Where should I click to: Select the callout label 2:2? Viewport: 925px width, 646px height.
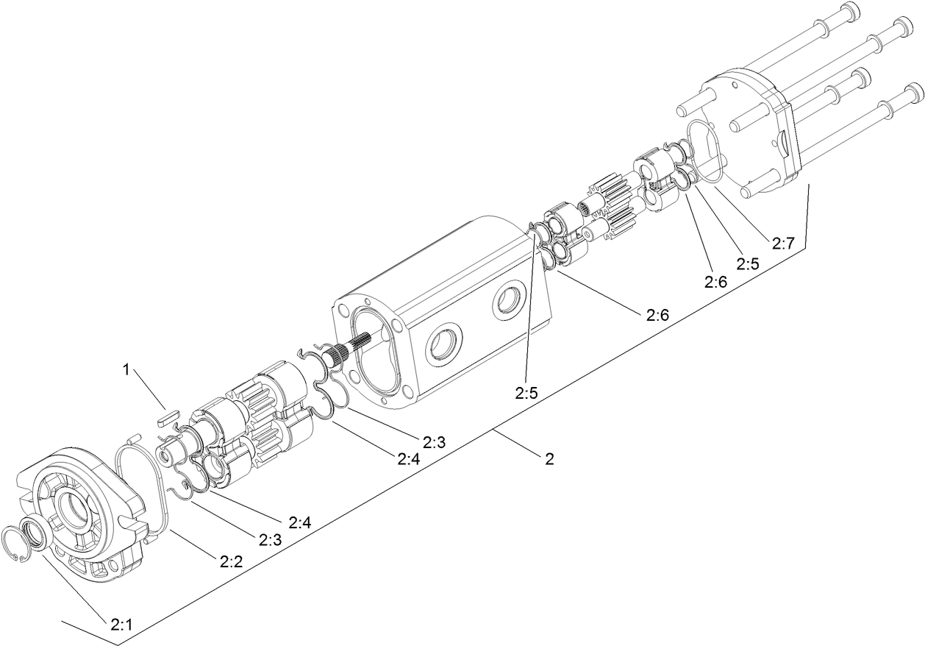tap(230, 561)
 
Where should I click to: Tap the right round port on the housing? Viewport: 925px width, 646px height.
tap(508, 299)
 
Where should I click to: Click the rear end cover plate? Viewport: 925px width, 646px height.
tap(750, 132)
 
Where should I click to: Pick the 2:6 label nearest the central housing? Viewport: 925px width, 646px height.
tap(657, 316)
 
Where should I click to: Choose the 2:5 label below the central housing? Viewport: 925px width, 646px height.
tap(526, 394)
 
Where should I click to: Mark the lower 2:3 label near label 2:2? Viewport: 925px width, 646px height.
tap(270, 539)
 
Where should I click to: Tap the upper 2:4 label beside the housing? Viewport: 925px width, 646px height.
tap(408, 459)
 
